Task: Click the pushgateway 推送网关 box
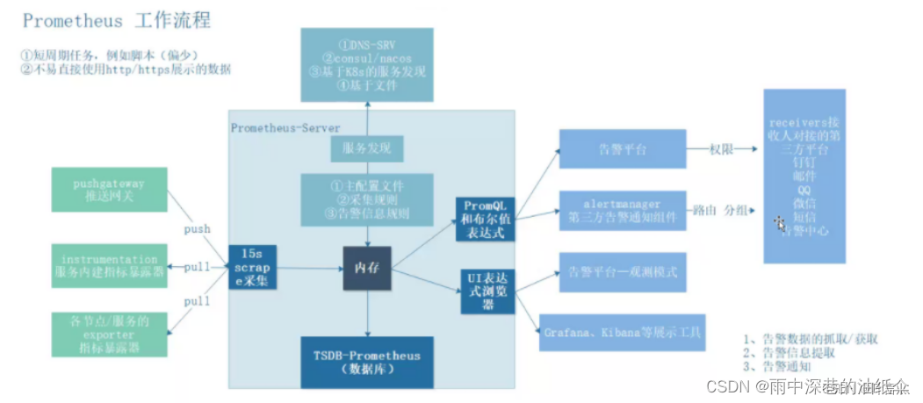(108, 191)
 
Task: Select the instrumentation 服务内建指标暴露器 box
(108, 267)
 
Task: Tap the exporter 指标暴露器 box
(108, 335)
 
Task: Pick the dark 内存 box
(366, 267)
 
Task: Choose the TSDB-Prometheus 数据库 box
(366, 362)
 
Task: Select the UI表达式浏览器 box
(486, 290)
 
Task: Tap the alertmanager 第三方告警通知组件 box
(622, 210)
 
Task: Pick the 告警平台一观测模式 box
(622, 272)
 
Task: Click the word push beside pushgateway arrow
(197, 228)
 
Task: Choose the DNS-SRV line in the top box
(367, 44)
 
